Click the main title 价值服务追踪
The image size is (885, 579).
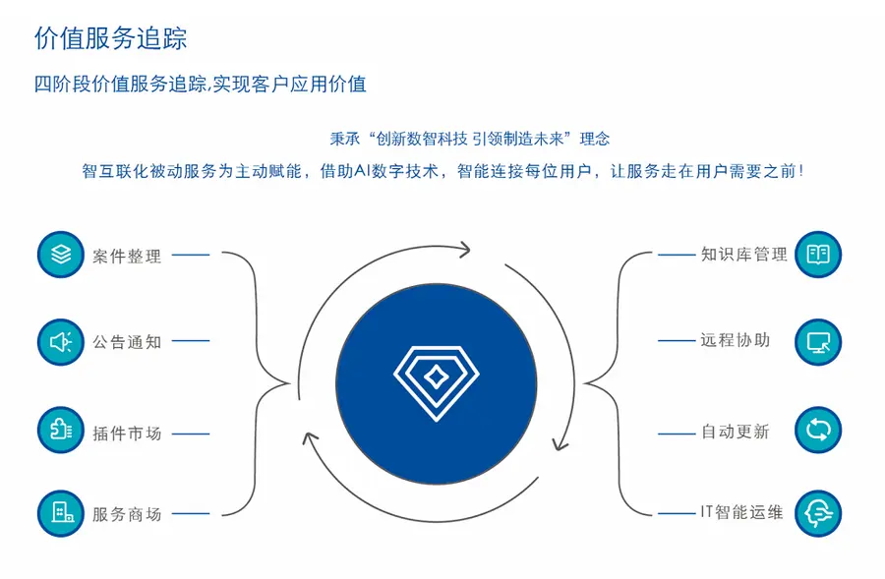coord(110,38)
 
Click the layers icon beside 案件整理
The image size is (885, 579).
coord(61,255)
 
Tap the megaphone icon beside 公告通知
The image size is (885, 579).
coord(61,342)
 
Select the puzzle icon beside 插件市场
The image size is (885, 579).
coord(61,430)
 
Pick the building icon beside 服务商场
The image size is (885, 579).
coord(61,513)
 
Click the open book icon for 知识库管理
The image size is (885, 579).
coord(818,255)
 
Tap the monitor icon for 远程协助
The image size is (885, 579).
coord(818,342)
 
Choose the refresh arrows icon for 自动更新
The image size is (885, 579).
coord(818,430)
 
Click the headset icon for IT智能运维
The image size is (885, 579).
coord(818,513)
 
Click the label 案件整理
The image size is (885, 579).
coord(127,257)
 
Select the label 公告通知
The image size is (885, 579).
coord(127,342)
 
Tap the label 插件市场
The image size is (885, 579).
coord(127,434)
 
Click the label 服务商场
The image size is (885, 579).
coord(127,514)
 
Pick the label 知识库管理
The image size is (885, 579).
coord(744,255)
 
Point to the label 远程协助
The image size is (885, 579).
coord(736,340)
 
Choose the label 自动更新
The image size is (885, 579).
coord(736,432)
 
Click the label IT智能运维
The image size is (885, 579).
coord(741,512)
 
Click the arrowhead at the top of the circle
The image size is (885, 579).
coord(464,250)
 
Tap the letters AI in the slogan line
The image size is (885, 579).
coord(361,171)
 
